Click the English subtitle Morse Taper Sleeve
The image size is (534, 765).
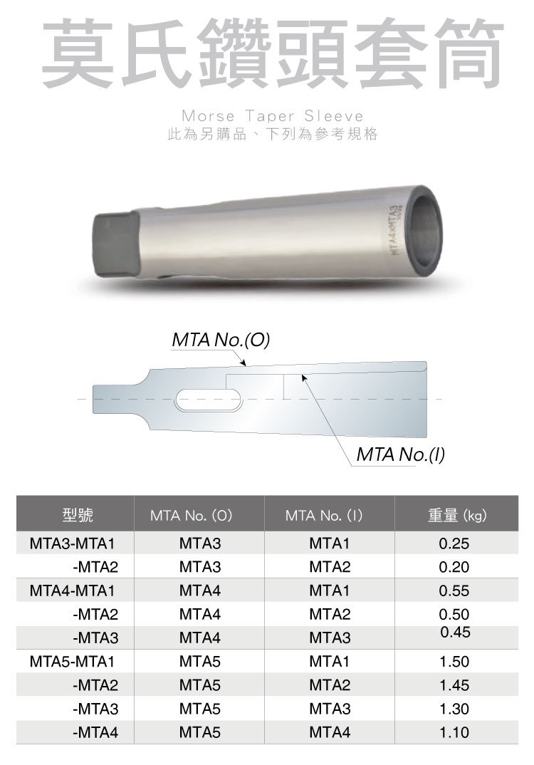[273, 116]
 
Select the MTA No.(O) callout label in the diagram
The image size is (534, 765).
[221, 340]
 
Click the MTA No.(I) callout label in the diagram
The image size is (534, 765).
[400, 454]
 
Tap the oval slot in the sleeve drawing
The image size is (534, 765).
[209, 400]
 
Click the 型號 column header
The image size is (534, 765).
[78, 515]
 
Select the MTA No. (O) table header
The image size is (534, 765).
[191, 515]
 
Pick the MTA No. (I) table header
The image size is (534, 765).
[324, 515]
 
